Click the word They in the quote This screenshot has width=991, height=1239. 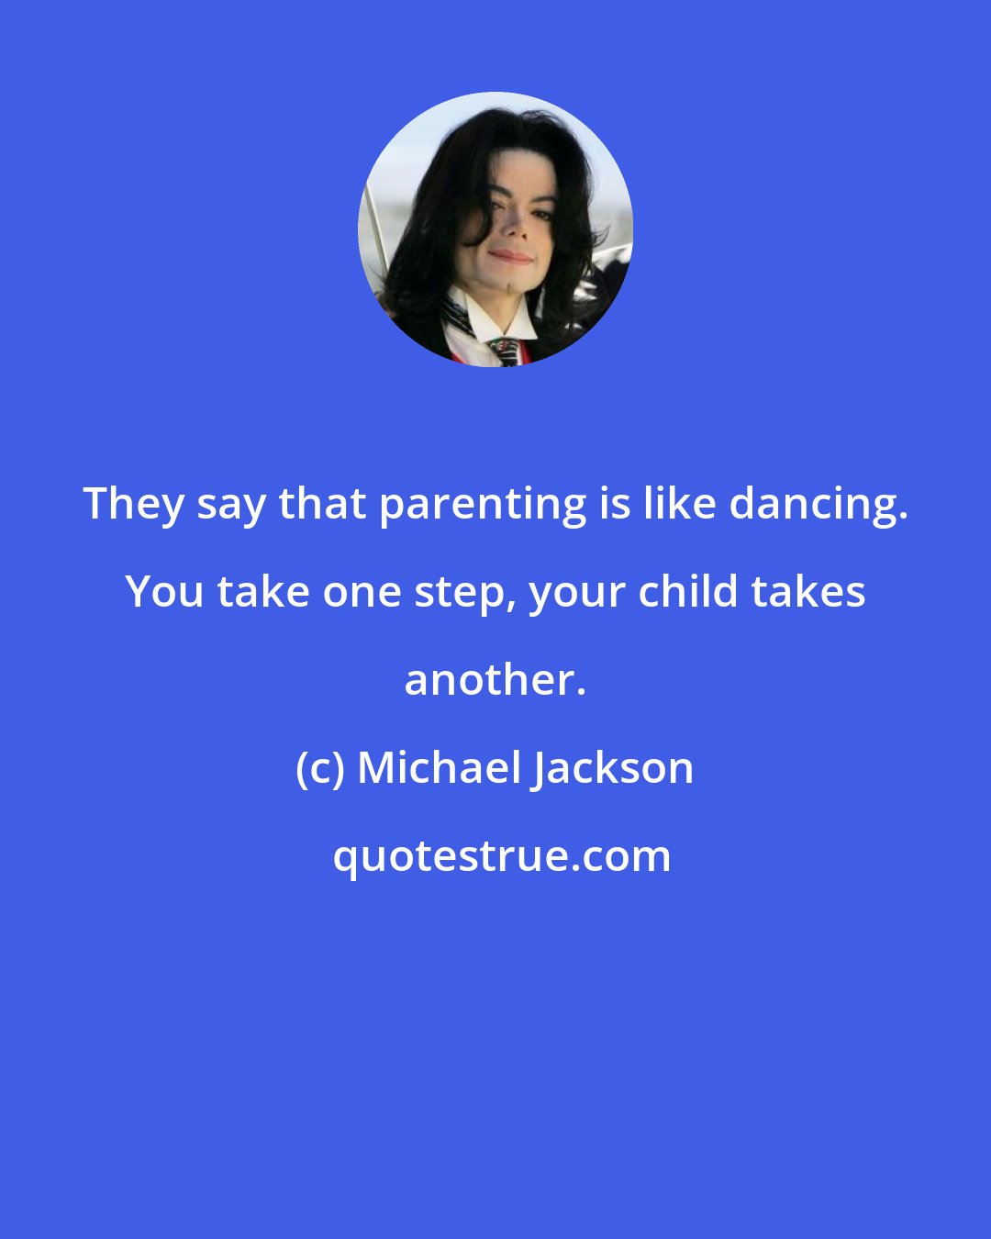(134, 504)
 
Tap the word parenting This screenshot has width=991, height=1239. (483, 504)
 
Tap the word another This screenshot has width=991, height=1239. (495, 680)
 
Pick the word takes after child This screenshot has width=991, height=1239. (808, 592)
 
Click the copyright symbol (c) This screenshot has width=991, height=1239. (320, 768)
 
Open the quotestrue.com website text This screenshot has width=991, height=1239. (502, 856)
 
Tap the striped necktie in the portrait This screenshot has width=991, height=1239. (505, 351)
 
